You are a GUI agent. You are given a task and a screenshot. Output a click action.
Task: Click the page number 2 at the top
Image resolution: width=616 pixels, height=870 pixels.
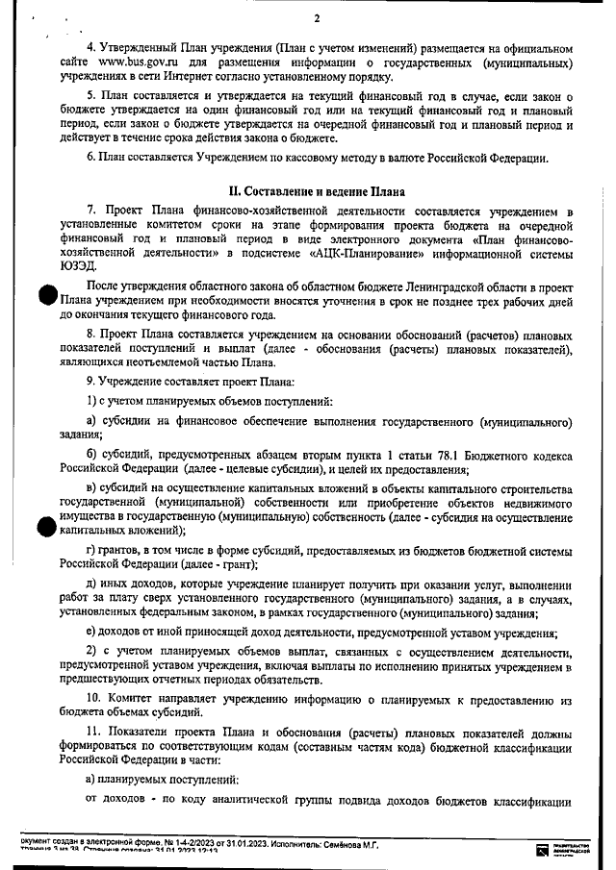tap(316, 19)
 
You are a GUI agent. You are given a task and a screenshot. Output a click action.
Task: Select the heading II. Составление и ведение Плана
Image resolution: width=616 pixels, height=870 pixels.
tap(315, 192)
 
